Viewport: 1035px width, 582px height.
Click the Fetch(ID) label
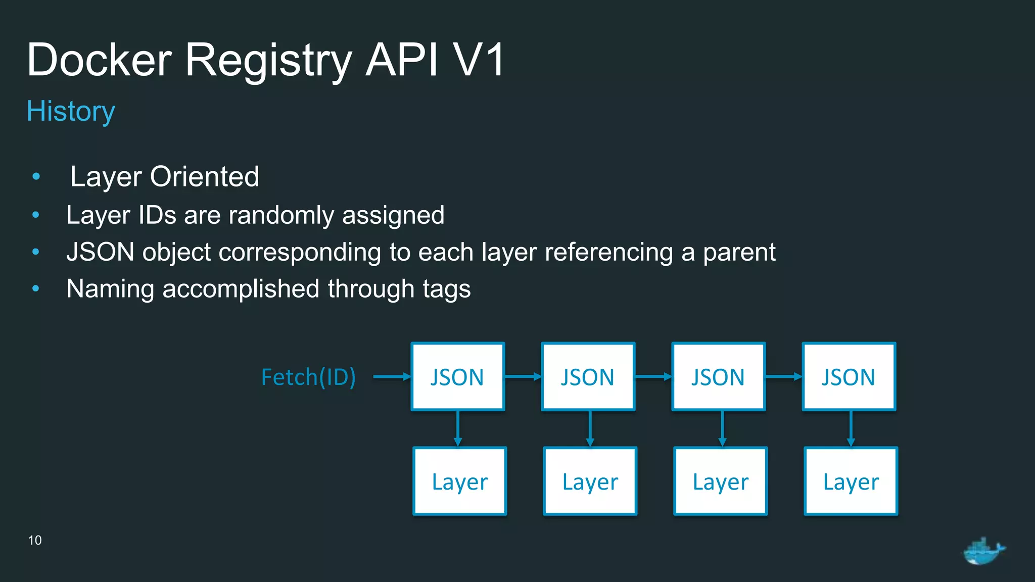[308, 377]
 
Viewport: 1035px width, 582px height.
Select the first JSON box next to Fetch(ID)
[457, 377]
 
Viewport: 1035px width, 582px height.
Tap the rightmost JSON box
[849, 377]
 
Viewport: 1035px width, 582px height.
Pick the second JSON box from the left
[588, 377]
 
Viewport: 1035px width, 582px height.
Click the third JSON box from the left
[718, 377]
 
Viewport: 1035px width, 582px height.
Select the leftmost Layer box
[459, 481]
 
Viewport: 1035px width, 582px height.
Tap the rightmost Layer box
[851, 481]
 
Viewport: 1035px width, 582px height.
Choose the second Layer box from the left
[590, 481]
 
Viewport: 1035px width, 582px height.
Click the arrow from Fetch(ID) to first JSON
[392, 376]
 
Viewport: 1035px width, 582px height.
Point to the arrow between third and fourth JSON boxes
[783, 376]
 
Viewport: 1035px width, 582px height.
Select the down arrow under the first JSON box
[458, 428]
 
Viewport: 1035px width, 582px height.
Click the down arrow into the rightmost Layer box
[851, 428]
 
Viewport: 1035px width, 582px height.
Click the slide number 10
[35, 540]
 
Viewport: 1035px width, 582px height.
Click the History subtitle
[71, 111]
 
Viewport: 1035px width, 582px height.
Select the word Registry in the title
[268, 61]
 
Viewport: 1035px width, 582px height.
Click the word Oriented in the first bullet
[204, 176]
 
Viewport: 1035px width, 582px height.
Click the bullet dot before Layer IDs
[35, 215]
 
